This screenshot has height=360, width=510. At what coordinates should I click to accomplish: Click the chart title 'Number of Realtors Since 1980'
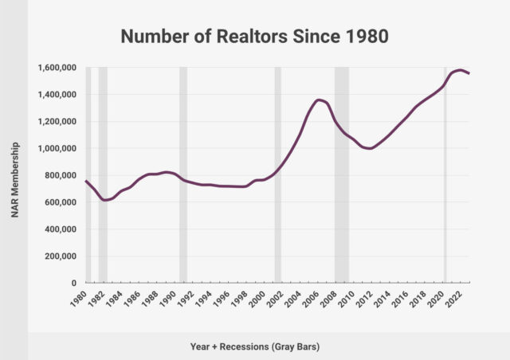point(255,36)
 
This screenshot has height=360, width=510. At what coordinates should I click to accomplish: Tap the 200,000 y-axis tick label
point(59,256)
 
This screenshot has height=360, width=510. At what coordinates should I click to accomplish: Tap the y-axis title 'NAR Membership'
point(16,175)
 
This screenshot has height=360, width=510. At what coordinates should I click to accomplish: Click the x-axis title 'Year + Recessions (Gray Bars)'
point(255,346)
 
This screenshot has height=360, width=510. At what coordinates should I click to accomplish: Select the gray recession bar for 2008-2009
point(342,175)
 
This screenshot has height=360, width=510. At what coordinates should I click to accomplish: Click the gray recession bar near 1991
point(183,175)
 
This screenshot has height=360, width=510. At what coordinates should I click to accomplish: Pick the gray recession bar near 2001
point(278,175)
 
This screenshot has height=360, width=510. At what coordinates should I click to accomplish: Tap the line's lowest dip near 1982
point(104,200)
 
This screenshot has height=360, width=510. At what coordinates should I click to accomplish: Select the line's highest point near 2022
point(461,70)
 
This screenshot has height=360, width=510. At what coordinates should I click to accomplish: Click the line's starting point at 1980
point(85,181)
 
